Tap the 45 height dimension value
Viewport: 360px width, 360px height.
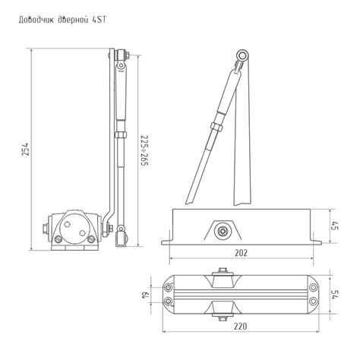click(334, 226)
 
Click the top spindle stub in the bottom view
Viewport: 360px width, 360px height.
click(222, 271)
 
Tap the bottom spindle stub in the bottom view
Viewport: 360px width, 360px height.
click(222, 318)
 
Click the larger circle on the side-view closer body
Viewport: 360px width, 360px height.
click(76, 226)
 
